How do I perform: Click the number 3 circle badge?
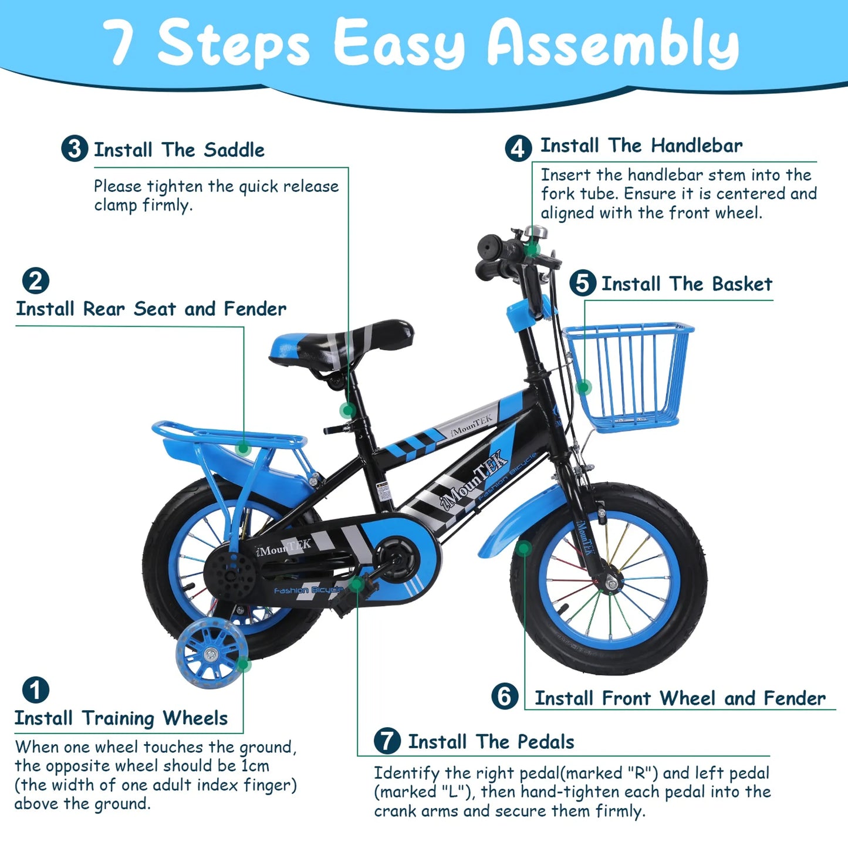point(75,148)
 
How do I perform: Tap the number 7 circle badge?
point(387,741)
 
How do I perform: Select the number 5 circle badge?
point(582,283)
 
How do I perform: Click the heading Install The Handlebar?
point(641,146)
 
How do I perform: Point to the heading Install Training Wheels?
point(121,718)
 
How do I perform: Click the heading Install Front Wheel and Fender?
point(680,698)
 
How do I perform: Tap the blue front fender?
point(516,522)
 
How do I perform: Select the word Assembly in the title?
point(613,45)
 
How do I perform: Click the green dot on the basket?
point(583,387)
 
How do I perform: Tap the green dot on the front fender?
point(524,548)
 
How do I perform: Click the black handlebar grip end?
point(489,245)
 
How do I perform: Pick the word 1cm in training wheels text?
point(255,766)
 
